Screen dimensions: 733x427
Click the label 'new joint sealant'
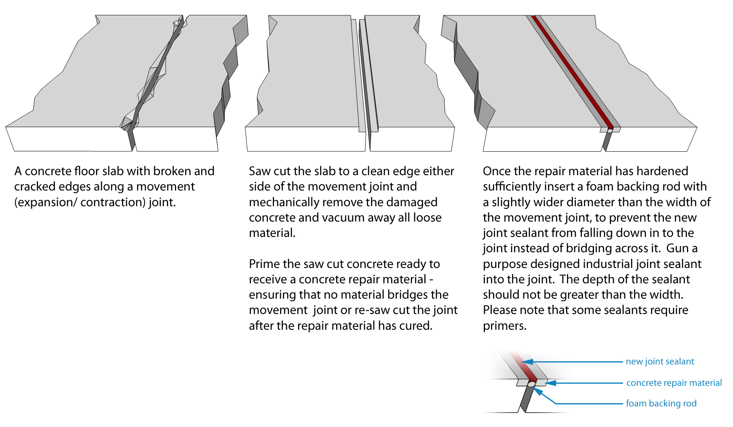point(659,362)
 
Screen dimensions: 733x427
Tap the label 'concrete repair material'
point(674,383)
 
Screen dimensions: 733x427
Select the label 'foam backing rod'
point(661,404)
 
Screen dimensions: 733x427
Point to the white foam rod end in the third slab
point(610,131)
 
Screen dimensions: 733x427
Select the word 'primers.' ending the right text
point(505,326)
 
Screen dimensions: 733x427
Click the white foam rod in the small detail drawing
point(531,385)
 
